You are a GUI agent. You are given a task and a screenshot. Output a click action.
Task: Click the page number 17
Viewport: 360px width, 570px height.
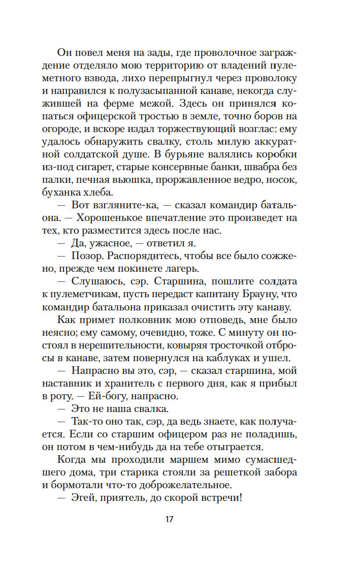(170, 519)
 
